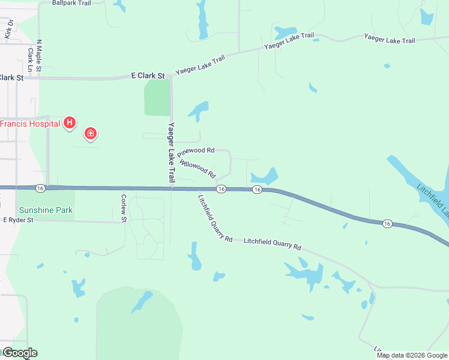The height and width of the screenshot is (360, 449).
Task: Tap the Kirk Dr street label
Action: (x=9, y=29)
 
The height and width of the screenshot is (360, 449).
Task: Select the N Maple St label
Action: (x=39, y=56)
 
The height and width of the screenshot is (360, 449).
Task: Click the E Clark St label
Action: (x=148, y=76)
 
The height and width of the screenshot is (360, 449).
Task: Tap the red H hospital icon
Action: (x=70, y=123)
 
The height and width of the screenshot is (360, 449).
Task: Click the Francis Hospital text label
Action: (x=30, y=124)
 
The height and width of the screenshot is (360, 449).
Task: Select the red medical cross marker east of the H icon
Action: (x=90, y=133)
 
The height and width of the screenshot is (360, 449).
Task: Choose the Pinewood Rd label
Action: (x=196, y=152)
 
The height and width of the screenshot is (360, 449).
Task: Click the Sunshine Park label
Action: (x=46, y=210)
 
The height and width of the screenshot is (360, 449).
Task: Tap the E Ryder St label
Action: (x=18, y=220)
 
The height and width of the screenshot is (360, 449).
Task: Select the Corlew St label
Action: (x=124, y=208)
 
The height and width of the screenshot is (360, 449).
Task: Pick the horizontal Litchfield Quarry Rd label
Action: (x=272, y=244)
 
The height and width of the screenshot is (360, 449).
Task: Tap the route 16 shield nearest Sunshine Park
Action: (x=40, y=188)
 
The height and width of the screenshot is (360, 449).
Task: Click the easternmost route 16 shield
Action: (x=387, y=224)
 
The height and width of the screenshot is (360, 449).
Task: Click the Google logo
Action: (x=19, y=353)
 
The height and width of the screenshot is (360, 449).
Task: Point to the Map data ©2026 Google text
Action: (x=412, y=355)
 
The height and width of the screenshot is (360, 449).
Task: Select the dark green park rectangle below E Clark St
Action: (x=157, y=97)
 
